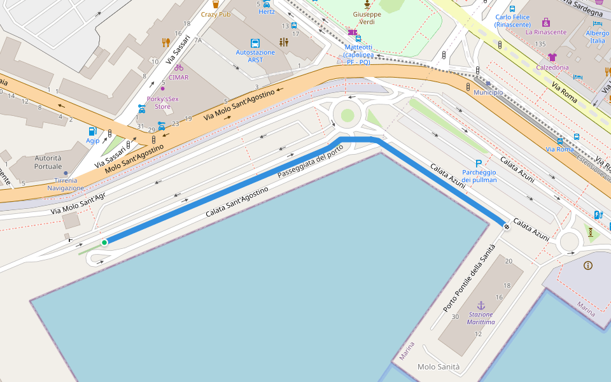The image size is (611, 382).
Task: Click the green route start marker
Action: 104,242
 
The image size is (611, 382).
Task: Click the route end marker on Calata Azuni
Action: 506,225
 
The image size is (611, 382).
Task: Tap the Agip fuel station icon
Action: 93,131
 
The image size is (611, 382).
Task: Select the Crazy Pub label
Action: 216,14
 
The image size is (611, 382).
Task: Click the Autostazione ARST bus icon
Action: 255,43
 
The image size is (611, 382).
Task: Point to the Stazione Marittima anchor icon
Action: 481,306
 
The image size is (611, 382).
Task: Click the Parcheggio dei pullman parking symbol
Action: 479,164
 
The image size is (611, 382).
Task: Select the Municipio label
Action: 488,92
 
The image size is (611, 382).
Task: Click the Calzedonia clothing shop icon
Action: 552,57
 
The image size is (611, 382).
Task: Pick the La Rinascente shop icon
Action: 545,22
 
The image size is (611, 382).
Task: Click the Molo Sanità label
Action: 439,367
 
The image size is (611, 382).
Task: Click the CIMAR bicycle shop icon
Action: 179,67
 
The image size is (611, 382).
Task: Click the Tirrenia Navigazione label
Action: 66,184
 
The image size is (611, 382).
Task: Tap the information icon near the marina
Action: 587,265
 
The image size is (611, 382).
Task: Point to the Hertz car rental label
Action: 267,12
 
